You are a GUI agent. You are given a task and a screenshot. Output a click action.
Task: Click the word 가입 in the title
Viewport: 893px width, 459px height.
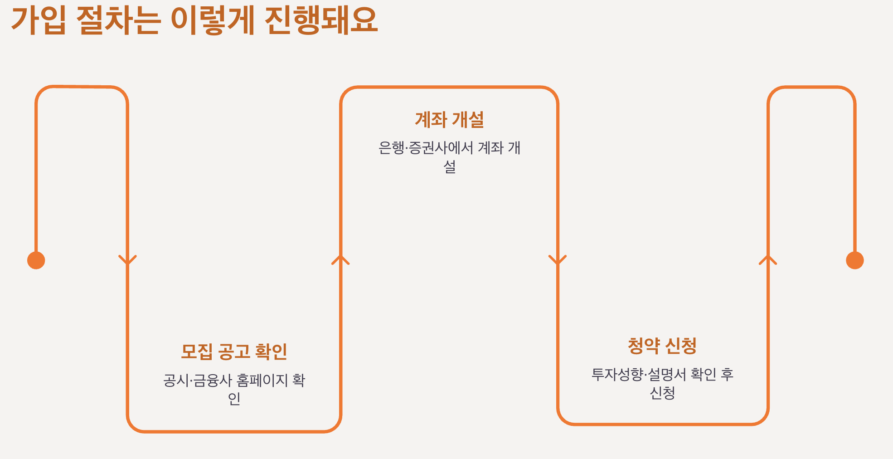(x=39, y=21)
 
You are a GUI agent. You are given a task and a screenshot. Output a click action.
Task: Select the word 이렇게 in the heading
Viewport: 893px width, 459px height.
(x=213, y=21)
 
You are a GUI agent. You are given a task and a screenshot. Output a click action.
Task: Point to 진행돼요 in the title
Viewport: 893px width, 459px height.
(x=321, y=21)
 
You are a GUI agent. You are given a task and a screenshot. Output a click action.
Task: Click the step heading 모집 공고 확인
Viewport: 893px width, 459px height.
(x=234, y=352)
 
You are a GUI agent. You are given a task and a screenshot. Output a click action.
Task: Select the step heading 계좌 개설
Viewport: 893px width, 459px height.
(x=449, y=120)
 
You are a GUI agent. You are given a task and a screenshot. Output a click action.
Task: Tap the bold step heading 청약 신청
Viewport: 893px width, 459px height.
(x=662, y=346)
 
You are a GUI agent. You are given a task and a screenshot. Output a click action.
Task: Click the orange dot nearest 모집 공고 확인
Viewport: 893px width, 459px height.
(x=36, y=260)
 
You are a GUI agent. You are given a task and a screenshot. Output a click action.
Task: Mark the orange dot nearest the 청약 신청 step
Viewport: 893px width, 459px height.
(x=854, y=260)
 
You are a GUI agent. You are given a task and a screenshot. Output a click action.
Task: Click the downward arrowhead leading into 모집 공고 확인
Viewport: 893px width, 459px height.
(x=127, y=260)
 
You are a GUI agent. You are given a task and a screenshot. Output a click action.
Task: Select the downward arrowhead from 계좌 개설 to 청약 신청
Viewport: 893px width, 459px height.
(x=558, y=260)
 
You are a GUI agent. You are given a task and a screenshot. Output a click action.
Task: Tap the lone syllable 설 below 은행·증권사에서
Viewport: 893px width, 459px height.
(x=449, y=166)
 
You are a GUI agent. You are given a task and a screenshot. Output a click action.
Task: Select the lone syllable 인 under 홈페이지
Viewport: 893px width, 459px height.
(x=234, y=399)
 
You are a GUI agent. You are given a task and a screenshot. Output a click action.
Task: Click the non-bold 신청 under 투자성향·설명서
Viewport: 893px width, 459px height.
(x=662, y=393)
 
